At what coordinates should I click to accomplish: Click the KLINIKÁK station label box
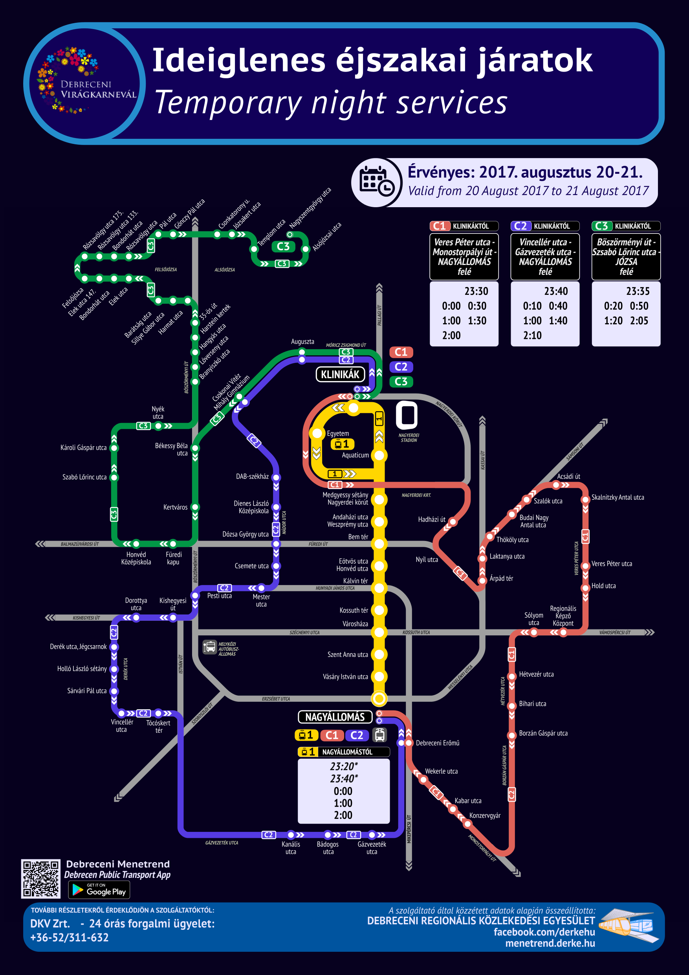click(x=340, y=374)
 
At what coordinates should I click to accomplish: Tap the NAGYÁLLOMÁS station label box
click(x=335, y=717)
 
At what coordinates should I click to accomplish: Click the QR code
click(x=41, y=879)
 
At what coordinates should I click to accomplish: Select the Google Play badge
click(x=99, y=890)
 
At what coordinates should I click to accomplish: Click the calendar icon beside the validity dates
click(x=376, y=182)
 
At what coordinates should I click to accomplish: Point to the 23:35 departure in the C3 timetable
click(x=638, y=291)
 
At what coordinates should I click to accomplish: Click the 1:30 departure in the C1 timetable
click(x=477, y=321)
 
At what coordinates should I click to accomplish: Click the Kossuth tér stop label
click(x=354, y=610)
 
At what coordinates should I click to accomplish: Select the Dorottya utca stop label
click(x=136, y=604)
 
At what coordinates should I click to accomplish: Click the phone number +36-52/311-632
click(x=69, y=937)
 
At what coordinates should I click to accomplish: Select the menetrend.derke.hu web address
click(x=550, y=943)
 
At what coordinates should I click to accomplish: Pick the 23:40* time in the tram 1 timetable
click(x=344, y=778)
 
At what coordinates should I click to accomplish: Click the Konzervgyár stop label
click(x=484, y=815)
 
